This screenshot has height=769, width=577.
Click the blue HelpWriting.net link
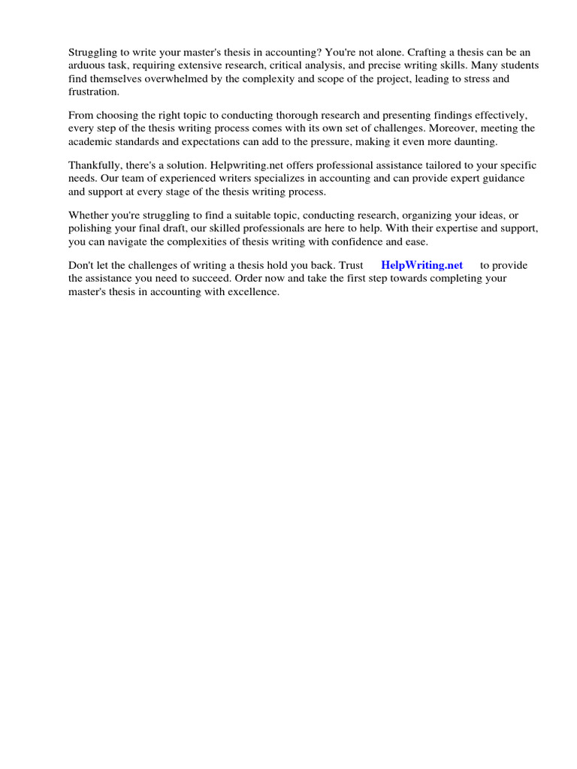coord(421,265)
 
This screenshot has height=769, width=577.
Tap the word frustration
coord(93,92)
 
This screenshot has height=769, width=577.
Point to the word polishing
coord(90,228)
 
